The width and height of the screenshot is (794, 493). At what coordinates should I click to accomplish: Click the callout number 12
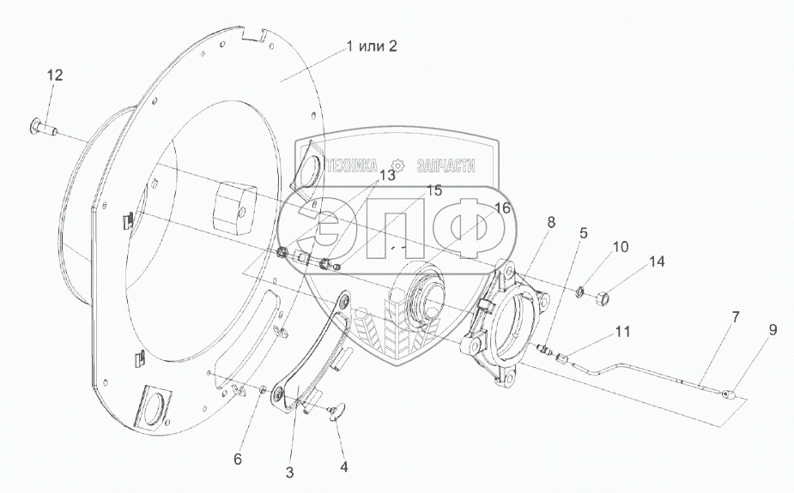point(54,76)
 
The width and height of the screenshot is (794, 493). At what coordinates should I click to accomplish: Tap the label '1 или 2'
point(373,46)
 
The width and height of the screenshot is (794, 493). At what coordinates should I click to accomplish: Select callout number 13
point(387,175)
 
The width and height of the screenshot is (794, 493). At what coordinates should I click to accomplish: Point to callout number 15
point(434,190)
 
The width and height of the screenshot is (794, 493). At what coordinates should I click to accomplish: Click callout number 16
point(501,208)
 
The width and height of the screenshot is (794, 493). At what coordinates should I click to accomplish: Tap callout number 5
point(583,231)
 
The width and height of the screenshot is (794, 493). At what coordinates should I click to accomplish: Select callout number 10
point(620,247)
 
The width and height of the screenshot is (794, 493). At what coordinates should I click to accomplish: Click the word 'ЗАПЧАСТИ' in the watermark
point(445,166)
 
